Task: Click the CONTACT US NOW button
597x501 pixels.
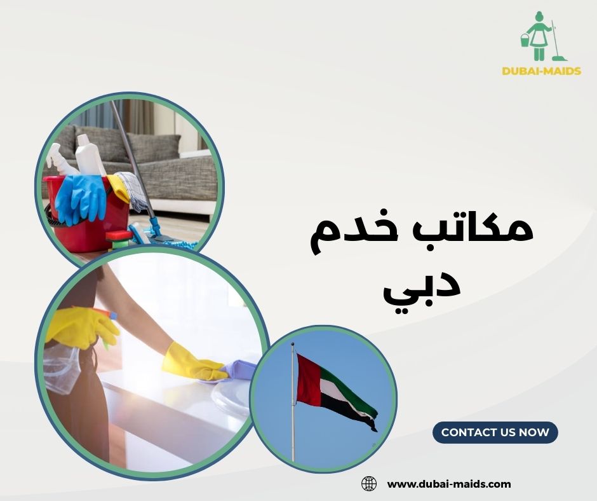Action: [x=495, y=432]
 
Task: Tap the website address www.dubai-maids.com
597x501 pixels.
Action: [x=448, y=484]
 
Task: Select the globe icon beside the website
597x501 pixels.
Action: [x=369, y=484]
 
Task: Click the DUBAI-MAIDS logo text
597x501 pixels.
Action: [x=541, y=71]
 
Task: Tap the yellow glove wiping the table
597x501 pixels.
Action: [x=191, y=362]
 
